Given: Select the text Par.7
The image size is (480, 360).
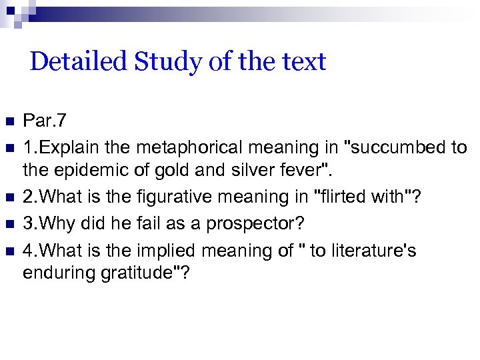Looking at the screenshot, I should [x=44, y=121].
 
